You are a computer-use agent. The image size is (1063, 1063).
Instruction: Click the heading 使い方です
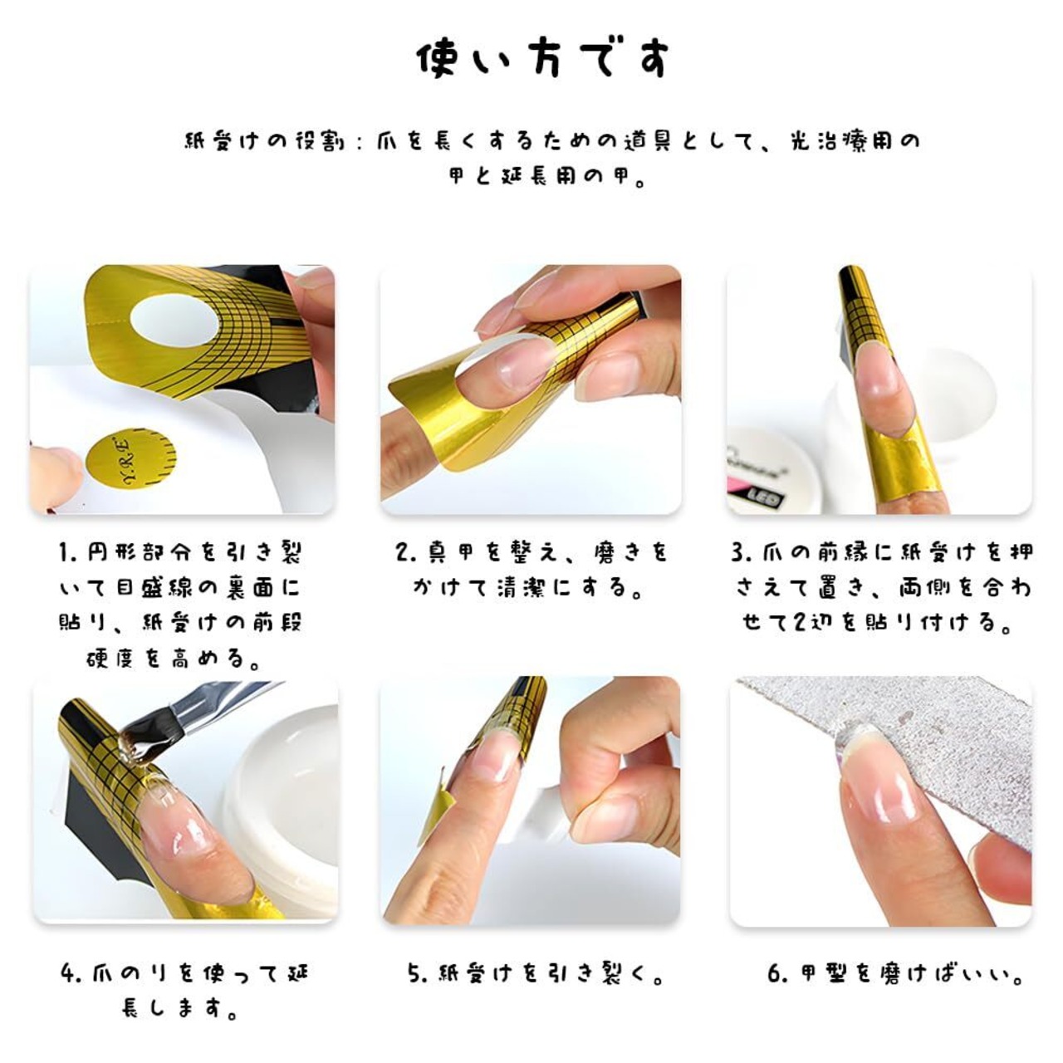point(543,59)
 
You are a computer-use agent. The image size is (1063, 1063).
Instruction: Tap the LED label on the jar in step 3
point(768,500)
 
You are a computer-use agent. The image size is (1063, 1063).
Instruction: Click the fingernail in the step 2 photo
point(518,365)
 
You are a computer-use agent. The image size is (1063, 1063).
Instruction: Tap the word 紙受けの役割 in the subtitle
point(265,141)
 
